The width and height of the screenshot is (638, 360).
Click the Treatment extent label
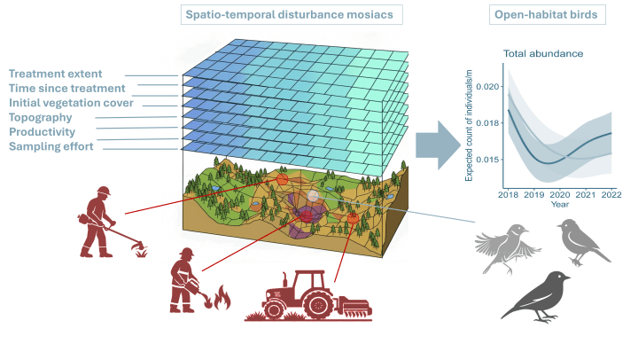(55, 74)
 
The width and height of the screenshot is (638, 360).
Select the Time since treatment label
(67, 89)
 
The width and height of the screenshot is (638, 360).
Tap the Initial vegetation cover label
(71, 103)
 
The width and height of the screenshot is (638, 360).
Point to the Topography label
(40, 117)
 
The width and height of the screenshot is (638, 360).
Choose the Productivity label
(42, 132)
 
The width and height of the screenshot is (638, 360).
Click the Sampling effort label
(51, 146)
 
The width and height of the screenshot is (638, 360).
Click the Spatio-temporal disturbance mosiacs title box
(292, 15)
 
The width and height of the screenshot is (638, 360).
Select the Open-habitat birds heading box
(548, 15)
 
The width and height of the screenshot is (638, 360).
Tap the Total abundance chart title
(543, 54)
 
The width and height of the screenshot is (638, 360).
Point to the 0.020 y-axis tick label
(487, 86)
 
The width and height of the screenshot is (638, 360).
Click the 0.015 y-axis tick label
(487, 160)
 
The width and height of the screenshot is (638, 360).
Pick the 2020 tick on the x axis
(560, 195)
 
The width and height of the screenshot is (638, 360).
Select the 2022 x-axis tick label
(611, 195)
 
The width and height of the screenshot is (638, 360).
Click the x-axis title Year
(560, 204)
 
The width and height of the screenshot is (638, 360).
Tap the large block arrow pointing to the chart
(438, 145)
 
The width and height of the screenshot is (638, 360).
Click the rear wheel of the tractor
(319, 304)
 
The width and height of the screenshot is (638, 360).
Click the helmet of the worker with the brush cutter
(104, 191)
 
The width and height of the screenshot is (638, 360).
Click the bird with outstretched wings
(508, 248)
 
